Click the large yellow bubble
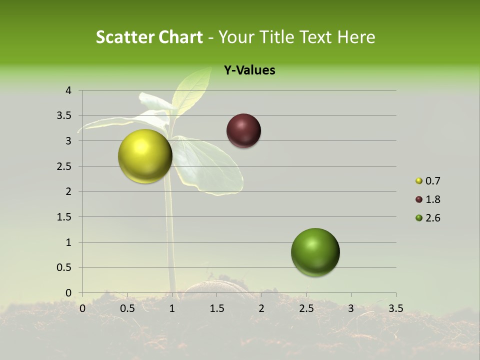coord(145,156)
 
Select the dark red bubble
coord(243,131)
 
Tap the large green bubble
coord(315,252)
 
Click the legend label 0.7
coord(432,181)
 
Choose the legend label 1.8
coord(432,199)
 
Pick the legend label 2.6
coord(432,218)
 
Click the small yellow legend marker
coord(419,181)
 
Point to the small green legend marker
coord(419,218)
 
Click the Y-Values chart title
coord(249,70)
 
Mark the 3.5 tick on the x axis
coord(395,308)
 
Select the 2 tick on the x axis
coord(261,308)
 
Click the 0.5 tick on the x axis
coord(127,308)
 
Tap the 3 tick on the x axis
coord(350,308)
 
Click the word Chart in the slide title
coord(180,37)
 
